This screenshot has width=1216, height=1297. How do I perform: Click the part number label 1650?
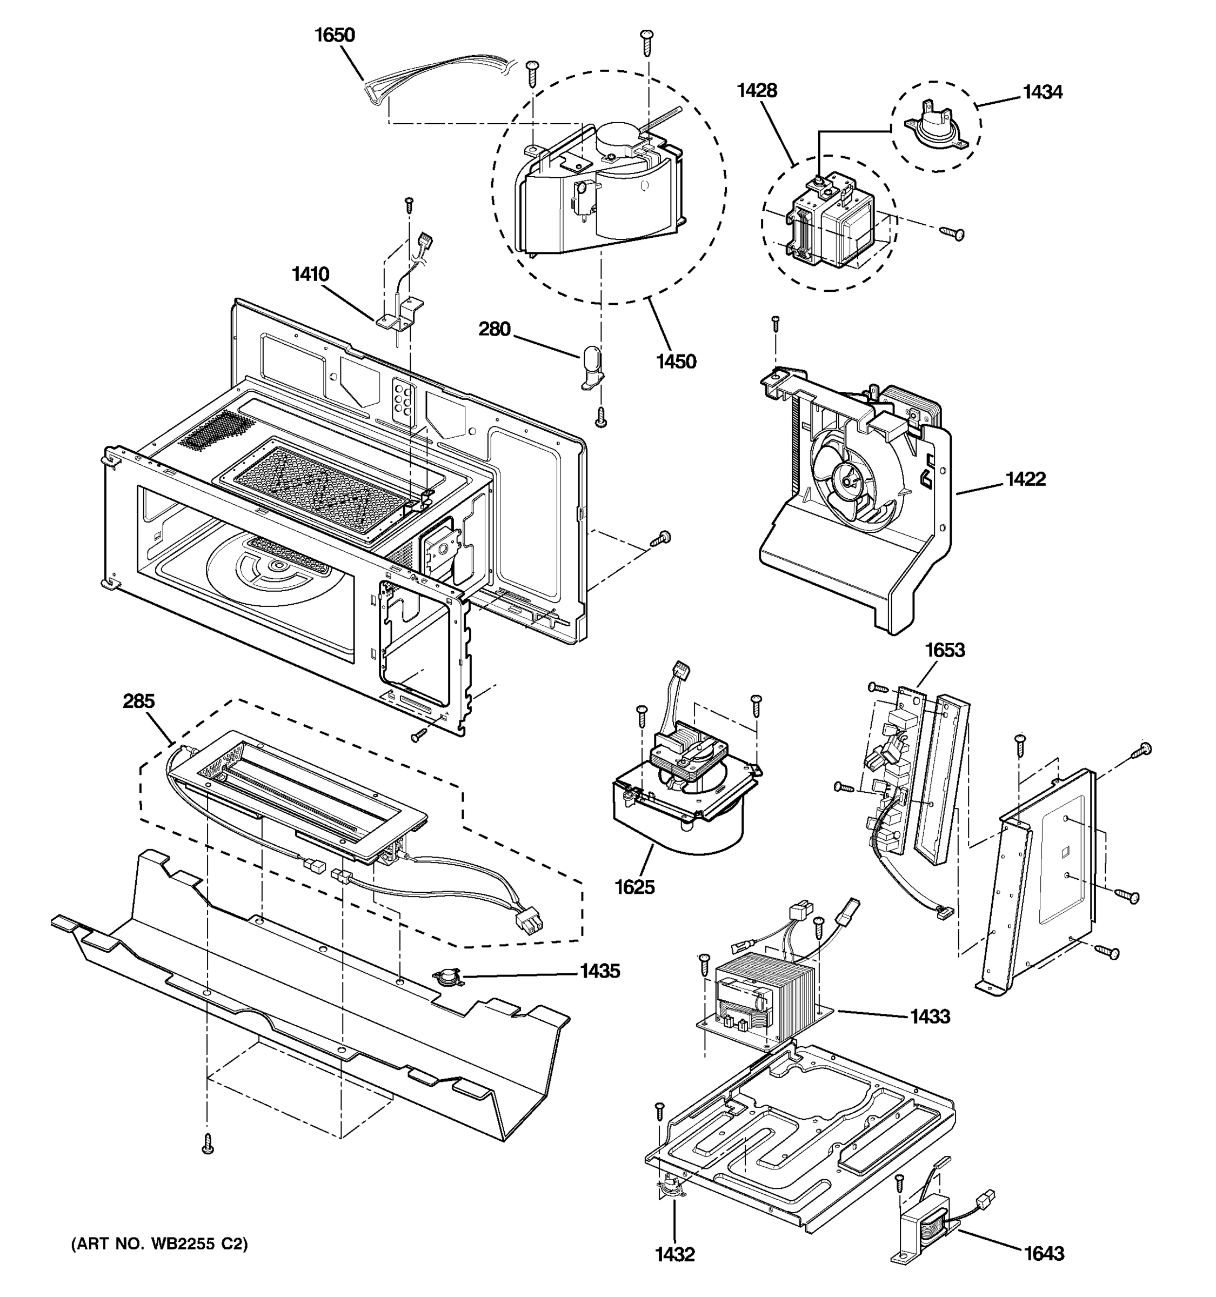335,35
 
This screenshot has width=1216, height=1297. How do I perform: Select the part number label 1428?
757,91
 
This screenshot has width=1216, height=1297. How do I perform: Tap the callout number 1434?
1042,92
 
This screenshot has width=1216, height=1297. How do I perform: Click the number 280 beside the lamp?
494,330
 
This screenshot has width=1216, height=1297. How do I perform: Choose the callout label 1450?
676,362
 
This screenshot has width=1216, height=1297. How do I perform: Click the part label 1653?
945,651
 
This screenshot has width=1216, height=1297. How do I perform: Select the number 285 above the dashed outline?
139,701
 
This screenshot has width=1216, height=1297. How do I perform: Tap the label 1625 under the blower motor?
634,887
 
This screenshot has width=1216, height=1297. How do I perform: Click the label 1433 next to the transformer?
930,1017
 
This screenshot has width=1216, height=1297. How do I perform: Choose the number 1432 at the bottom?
674,1254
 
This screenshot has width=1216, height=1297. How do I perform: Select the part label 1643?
1044,1253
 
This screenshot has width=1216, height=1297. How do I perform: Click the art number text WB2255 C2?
159,1245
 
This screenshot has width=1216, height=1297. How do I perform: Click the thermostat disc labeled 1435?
447,977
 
